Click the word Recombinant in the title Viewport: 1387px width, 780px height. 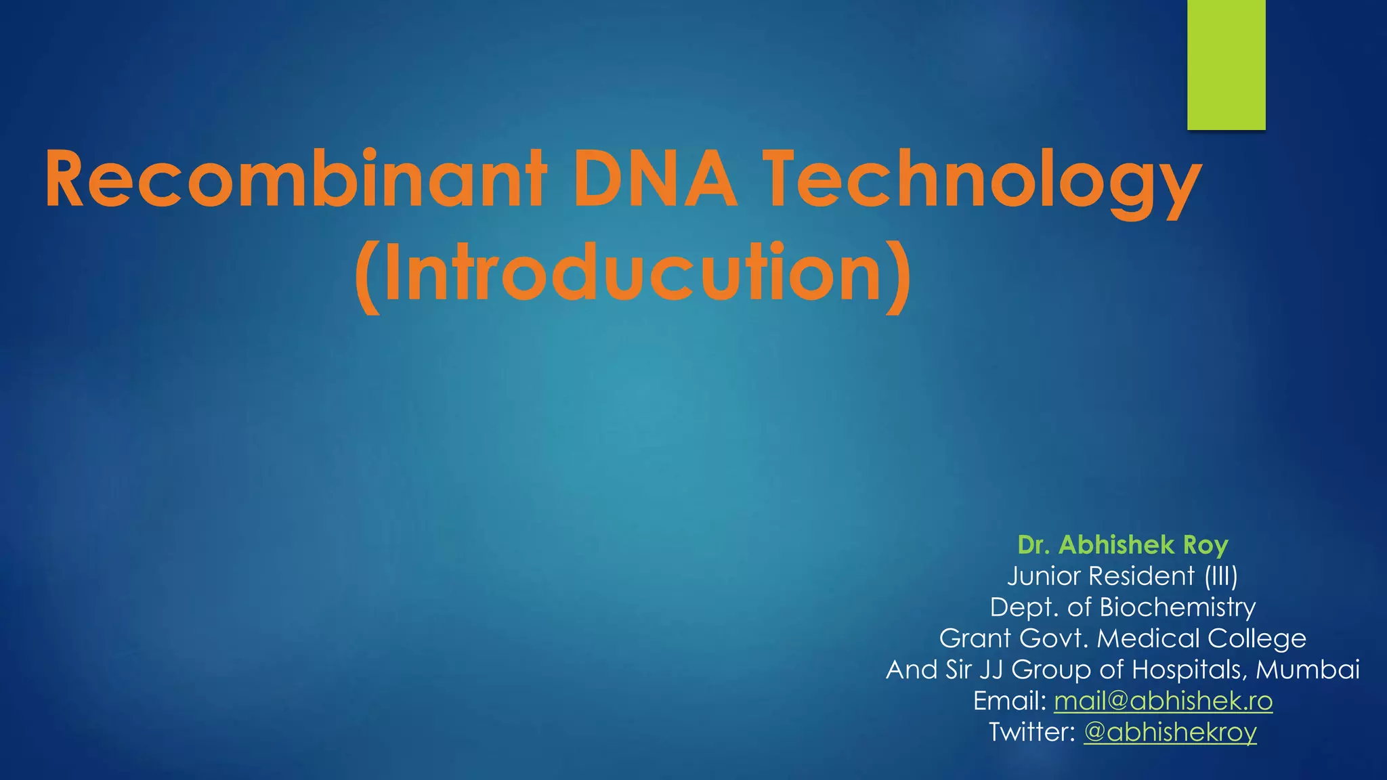tap(295, 180)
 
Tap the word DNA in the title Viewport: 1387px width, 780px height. tap(655, 180)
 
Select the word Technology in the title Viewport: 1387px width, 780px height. tap(982, 180)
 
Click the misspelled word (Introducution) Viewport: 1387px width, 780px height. tap(633, 274)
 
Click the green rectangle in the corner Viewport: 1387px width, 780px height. tap(1226, 64)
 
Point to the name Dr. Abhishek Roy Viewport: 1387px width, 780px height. tap(1122, 545)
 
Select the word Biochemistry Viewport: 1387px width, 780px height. tap(1177, 607)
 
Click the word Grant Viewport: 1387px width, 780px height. tap(975, 638)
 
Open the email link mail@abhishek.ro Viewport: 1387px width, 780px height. tap(1163, 701)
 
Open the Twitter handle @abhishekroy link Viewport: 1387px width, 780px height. tap(1170, 732)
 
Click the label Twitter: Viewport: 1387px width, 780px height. tap(1031, 732)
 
